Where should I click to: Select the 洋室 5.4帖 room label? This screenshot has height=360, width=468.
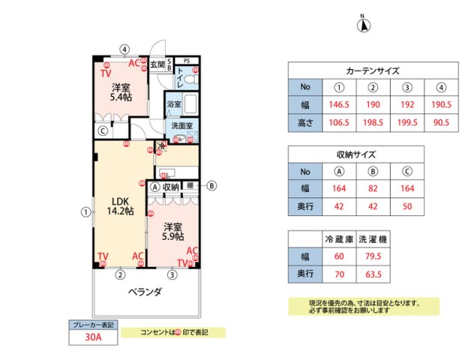tap(118, 91)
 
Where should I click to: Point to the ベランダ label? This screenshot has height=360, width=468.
tap(144, 292)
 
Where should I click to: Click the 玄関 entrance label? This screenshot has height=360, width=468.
tap(157, 65)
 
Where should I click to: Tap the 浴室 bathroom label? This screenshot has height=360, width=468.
tap(174, 103)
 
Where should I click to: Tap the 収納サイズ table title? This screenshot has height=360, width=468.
tap(355, 154)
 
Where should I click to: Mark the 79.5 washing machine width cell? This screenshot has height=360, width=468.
tap(373, 256)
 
